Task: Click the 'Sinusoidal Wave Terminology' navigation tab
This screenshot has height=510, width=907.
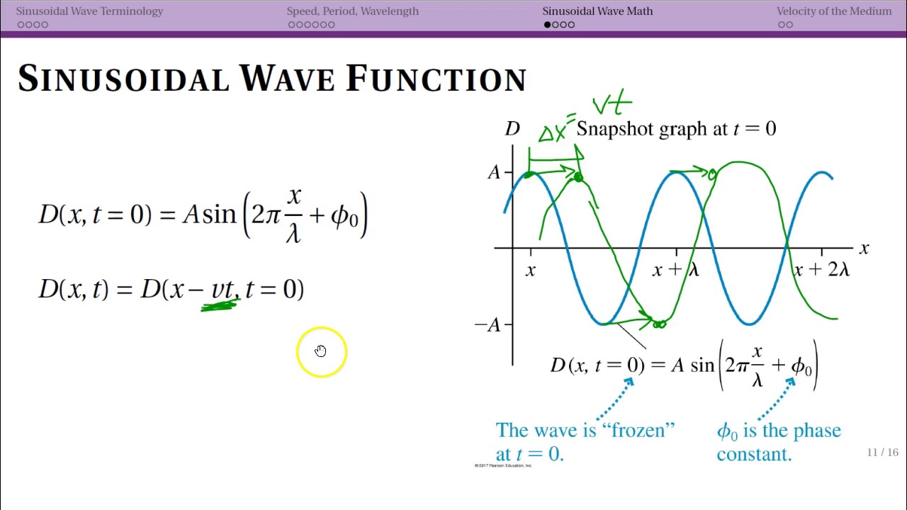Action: coord(89,11)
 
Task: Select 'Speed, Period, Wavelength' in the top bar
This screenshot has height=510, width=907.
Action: coord(352,11)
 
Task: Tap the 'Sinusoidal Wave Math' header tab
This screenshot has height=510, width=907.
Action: coord(597,11)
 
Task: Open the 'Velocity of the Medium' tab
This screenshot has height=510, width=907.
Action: coord(833,11)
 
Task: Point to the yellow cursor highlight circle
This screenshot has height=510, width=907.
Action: coord(322,351)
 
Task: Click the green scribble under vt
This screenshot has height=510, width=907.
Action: coord(220,305)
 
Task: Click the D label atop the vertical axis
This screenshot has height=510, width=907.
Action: coord(512,129)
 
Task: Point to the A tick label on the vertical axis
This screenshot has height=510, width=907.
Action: coord(494,172)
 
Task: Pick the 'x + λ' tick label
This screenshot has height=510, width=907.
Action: coord(675,270)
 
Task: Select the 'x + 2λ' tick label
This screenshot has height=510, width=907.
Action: coord(822,270)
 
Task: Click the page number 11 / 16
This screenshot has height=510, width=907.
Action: coord(882,453)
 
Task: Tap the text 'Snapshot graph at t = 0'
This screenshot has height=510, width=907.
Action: coord(676,129)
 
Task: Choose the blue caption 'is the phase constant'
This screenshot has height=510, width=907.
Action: coord(779,443)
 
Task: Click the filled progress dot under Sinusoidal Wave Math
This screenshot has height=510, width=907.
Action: coord(547,25)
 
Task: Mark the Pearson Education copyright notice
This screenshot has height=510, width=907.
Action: coord(503,465)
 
